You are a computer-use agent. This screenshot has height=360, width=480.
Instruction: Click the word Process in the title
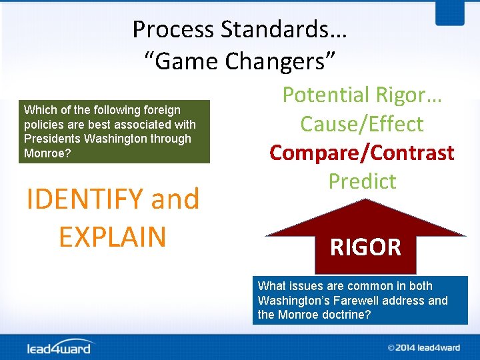[173, 29]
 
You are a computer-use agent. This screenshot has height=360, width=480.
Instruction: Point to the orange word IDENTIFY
[84, 199]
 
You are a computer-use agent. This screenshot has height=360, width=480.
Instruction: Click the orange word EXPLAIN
[112, 237]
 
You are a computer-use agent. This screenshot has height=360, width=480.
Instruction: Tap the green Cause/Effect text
[361, 124]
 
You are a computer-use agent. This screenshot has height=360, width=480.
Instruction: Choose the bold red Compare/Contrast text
[361, 153]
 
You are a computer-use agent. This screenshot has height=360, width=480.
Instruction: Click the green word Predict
[361, 181]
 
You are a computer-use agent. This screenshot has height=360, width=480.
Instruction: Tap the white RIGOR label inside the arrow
[365, 247]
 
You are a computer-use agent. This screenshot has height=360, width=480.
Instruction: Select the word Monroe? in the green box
[47, 153]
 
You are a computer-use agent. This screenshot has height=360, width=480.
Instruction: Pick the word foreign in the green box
[161, 110]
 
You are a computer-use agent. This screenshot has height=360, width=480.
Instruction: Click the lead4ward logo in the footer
[60, 347]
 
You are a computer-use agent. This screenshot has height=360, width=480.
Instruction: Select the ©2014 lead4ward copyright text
[423, 347]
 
